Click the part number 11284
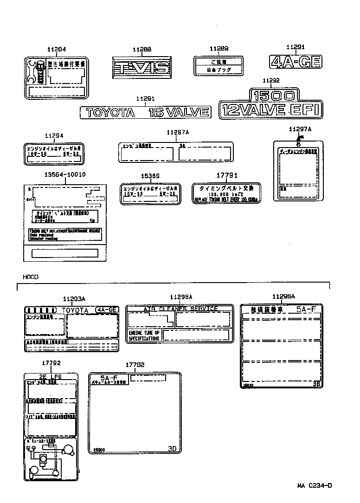(57, 50)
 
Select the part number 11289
(219, 49)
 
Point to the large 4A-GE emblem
(296, 62)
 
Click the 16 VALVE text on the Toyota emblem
(179, 112)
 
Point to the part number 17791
(227, 175)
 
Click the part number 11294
(54, 135)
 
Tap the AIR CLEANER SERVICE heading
(180, 309)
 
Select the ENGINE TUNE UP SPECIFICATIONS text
(144, 336)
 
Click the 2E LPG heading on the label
(50, 377)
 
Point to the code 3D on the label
(172, 449)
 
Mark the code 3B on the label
(316, 384)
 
